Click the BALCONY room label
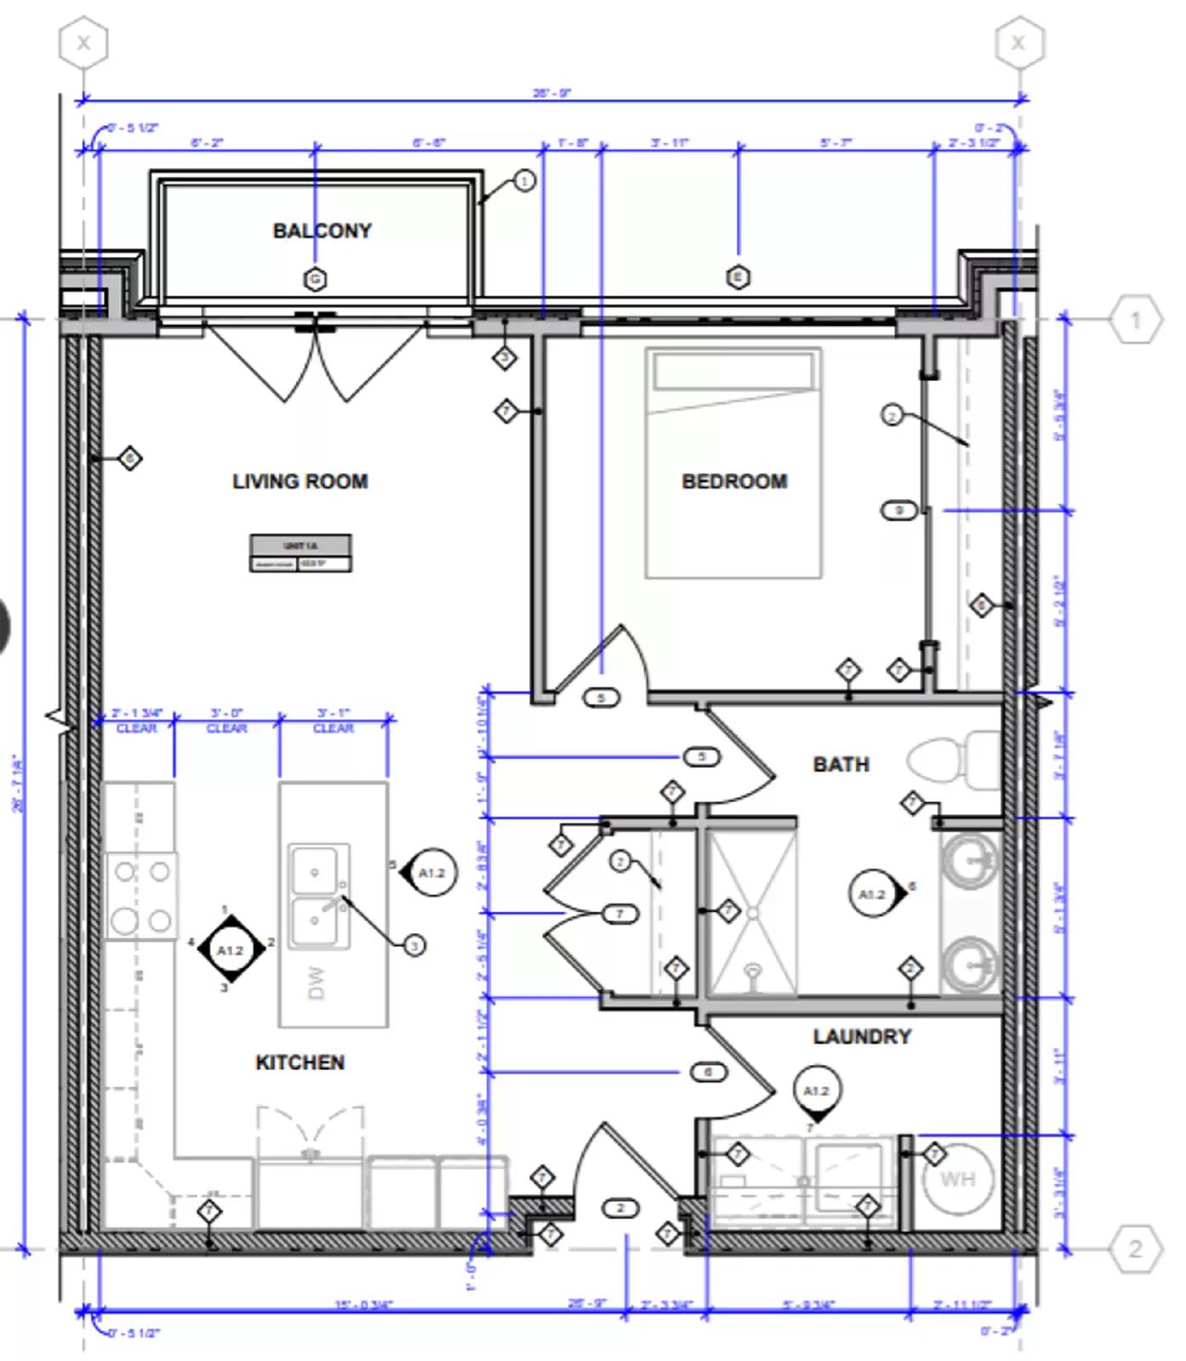coord(322,231)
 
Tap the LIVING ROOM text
coord(299,481)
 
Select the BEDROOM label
coord(734,481)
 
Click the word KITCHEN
coord(299,1062)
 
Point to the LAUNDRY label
coord(861,1036)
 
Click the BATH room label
coord(841,764)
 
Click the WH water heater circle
coord(957,1180)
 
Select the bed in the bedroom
coord(733,464)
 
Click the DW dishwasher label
coord(315,982)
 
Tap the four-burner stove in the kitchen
coord(141,896)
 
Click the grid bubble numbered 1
coord(1135,320)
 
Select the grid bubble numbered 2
coord(1135,1249)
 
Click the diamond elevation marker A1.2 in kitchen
coord(230,950)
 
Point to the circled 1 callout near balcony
coord(524,180)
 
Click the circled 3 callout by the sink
coord(413,945)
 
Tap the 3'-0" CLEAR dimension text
coord(226,721)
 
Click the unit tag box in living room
coord(300,553)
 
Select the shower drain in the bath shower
coord(752,913)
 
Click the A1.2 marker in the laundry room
coord(816,1091)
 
